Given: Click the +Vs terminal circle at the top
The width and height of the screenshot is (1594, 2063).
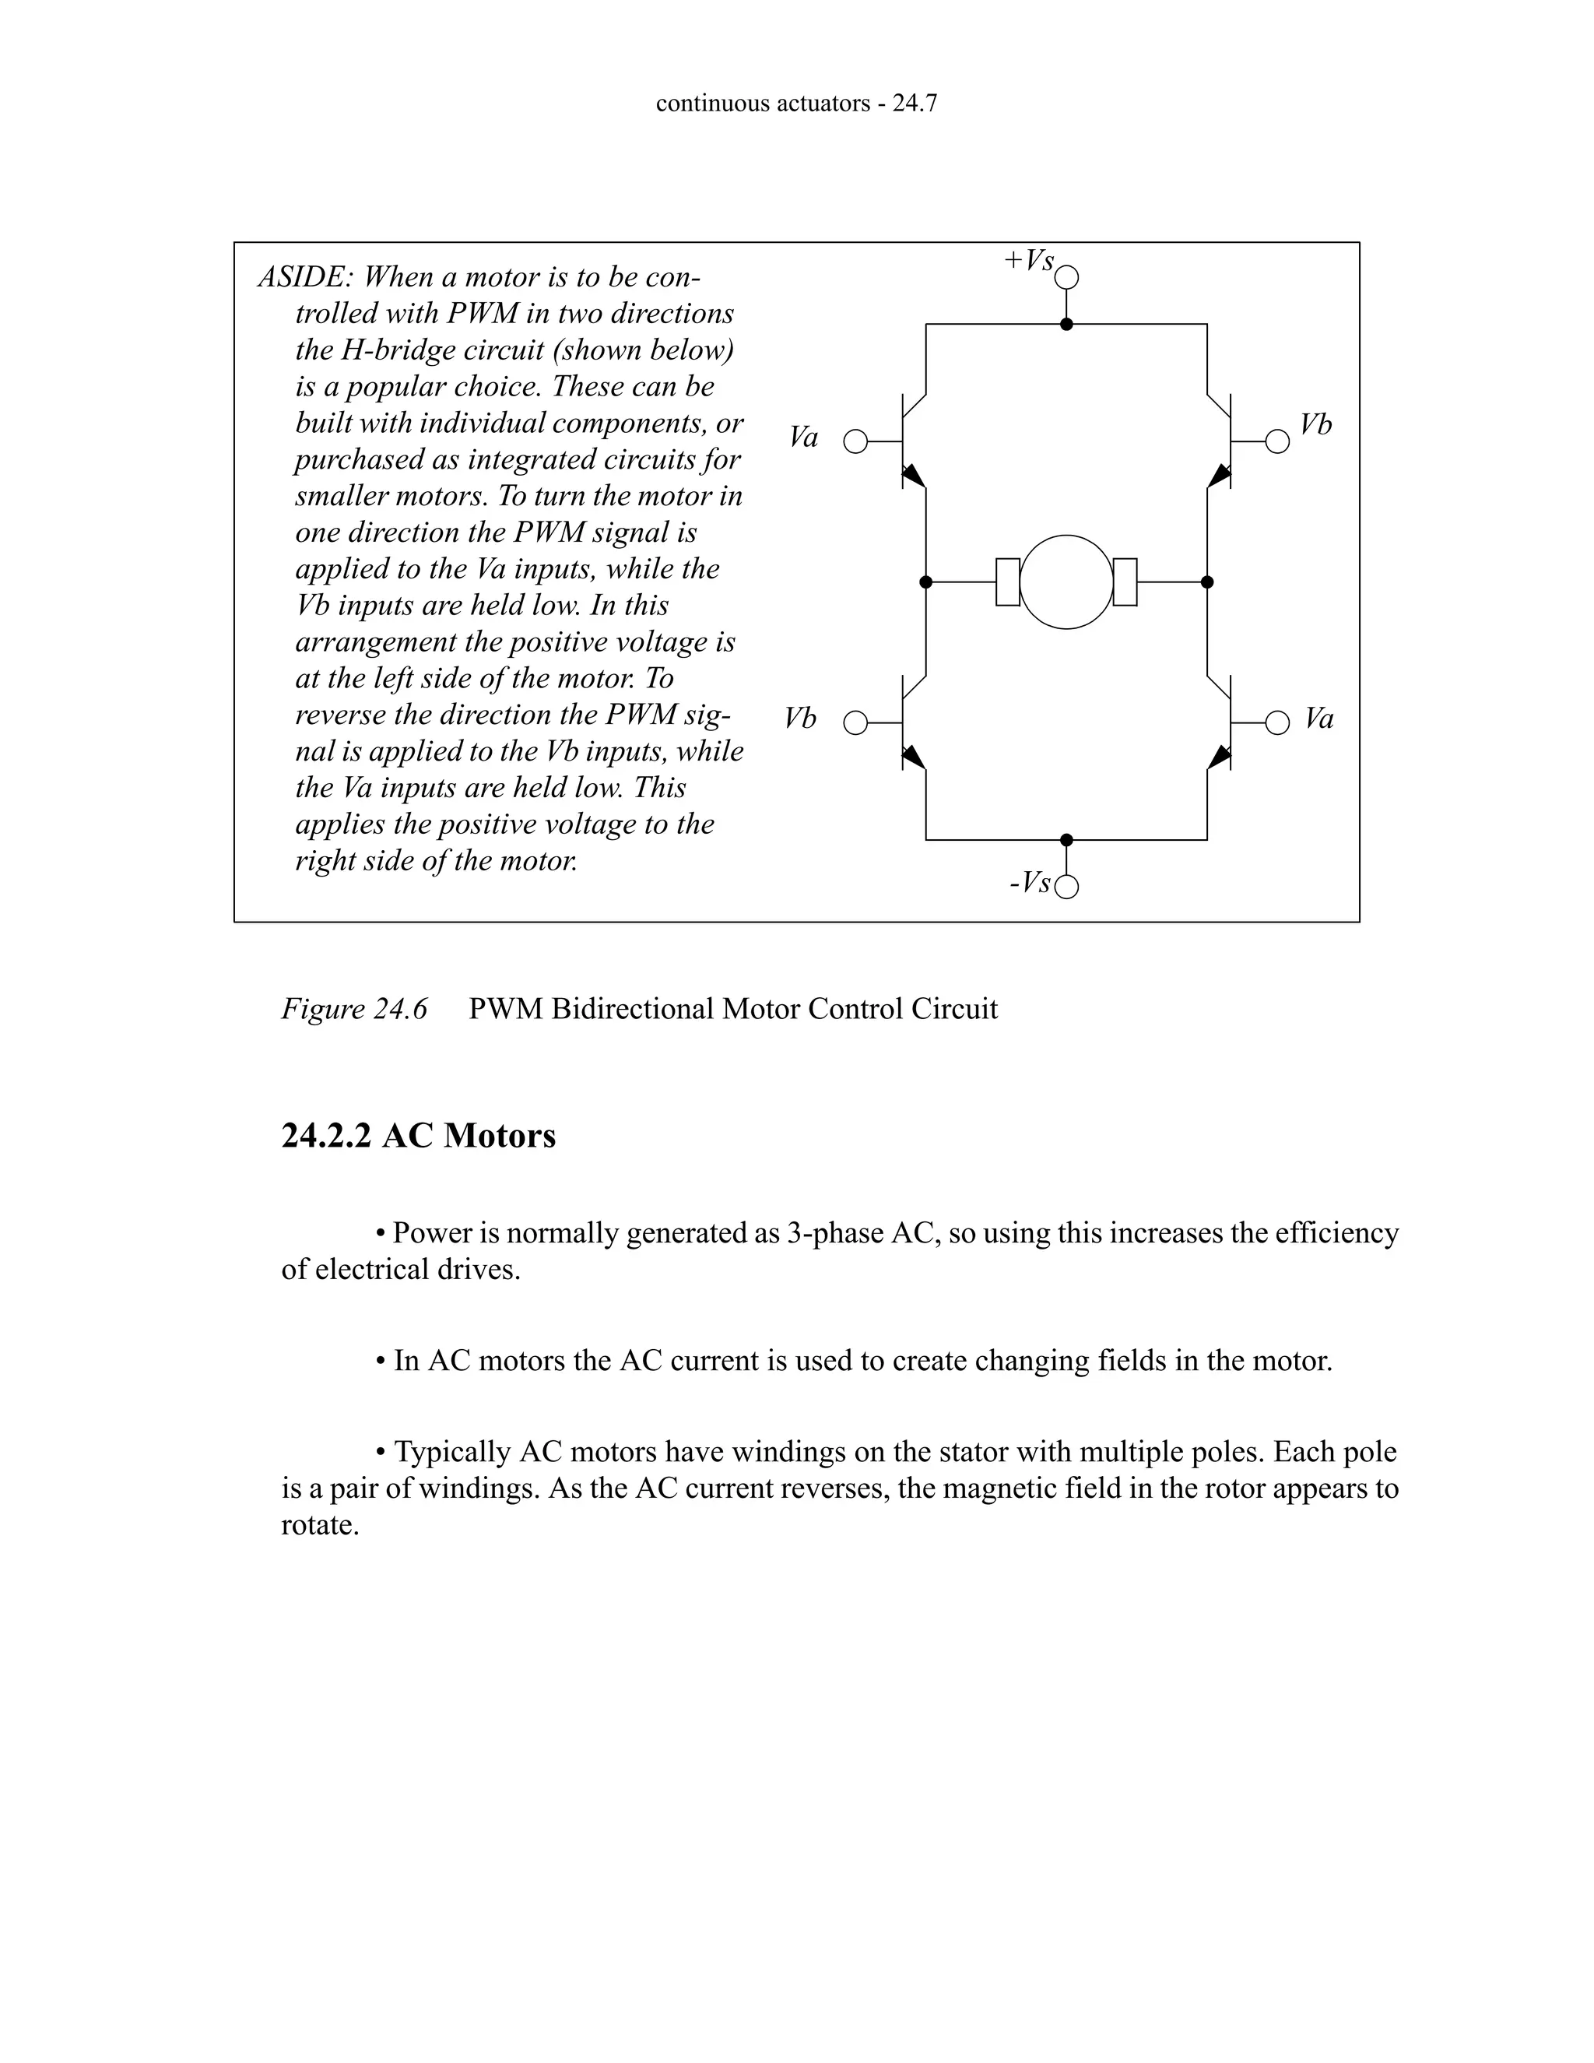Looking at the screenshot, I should pos(1067,278).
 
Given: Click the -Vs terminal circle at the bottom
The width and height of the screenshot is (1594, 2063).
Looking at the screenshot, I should pos(1067,887).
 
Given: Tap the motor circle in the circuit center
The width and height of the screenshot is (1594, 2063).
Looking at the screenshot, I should pos(1067,582).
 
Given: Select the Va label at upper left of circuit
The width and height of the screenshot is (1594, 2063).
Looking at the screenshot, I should pos(803,438).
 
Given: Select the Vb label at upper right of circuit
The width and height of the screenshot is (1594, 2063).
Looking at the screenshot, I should pos(1315,425).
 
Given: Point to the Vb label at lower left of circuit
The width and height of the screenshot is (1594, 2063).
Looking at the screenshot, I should pos(800,719).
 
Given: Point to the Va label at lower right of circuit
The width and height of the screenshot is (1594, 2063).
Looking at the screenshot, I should pos(1319,719).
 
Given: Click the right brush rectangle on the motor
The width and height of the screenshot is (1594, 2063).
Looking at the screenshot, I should pos(1125,582).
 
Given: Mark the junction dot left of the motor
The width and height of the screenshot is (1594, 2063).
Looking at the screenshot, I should pos(925,582).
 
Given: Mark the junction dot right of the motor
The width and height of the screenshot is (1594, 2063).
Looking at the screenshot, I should pos(1207,582).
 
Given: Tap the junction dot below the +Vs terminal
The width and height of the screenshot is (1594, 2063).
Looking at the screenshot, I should pos(1067,324).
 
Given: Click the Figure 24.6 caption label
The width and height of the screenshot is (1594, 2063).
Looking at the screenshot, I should pos(354,1010).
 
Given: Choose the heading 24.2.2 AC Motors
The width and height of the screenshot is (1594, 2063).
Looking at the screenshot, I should pos(418,1135).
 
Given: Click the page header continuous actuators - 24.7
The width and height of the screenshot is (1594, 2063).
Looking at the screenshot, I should pos(796,103).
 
